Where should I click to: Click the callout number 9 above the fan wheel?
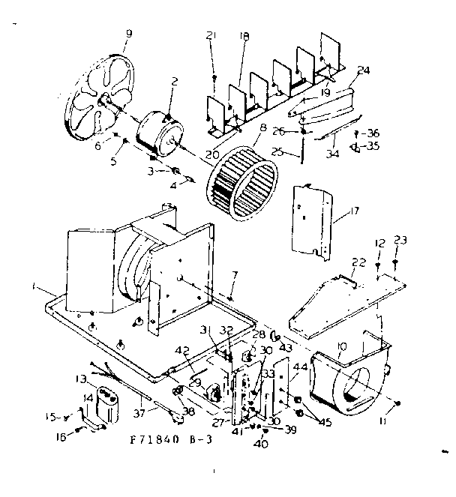coord(128,34)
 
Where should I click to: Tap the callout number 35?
coord(373,145)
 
